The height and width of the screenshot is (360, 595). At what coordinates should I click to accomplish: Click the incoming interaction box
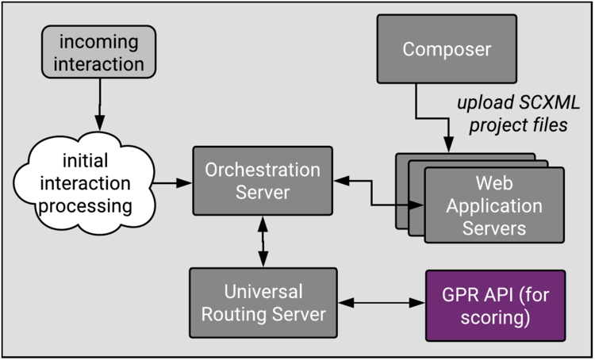click(98, 52)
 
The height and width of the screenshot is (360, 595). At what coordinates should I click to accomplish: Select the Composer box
click(447, 49)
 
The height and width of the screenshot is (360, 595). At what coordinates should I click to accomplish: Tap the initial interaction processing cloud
click(85, 183)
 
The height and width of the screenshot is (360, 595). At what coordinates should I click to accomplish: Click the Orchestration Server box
click(263, 181)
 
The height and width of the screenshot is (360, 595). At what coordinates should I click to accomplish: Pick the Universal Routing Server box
click(263, 303)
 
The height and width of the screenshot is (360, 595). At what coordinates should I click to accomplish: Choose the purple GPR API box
click(495, 306)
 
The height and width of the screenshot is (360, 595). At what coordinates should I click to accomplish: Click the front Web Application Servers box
click(494, 205)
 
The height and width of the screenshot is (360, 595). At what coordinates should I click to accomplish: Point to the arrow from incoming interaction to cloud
click(100, 105)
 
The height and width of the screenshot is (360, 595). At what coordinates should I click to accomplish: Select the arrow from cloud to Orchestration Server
click(172, 183)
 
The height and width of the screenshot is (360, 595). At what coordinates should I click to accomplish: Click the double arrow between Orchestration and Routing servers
click(263, 242)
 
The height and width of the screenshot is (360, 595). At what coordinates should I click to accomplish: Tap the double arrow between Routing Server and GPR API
click(382, 303)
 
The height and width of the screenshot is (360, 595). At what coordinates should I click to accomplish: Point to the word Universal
click(263, 292)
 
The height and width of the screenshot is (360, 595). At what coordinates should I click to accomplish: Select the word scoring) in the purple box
click(495, 317)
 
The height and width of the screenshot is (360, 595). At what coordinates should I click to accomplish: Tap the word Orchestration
click(263, 170)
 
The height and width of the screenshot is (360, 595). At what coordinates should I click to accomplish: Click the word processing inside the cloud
click(86, 207)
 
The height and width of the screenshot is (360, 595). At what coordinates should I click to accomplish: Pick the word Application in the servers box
click(494, 206)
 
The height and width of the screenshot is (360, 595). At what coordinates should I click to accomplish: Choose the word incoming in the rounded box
click(98, 42)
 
